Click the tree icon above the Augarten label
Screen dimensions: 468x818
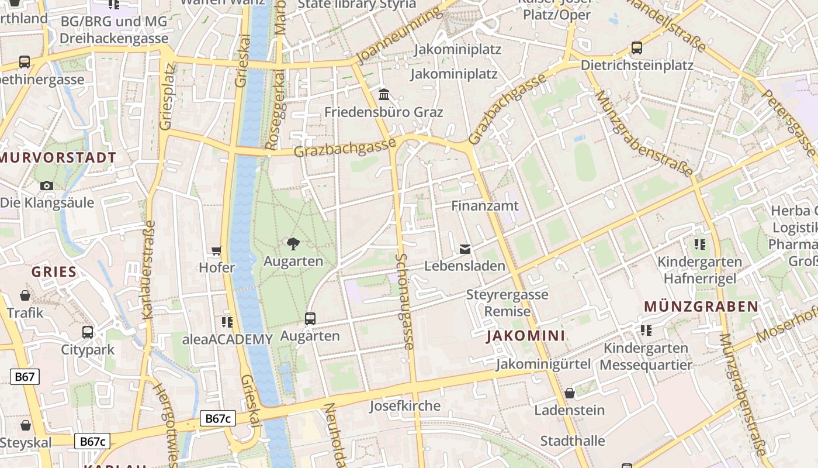(x=293, y=244)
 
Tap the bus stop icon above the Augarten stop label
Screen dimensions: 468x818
(x=310, y=319)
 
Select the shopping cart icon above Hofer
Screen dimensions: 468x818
(x=217, y=251)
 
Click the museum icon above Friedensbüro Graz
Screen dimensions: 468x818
(x=384, y=94)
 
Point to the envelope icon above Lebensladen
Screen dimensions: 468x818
(x=465, y=249)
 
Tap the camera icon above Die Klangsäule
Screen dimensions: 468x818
(x=47, y=186)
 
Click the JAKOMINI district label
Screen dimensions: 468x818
(x=526, y=336)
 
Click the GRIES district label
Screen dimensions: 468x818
(x=54, y=272)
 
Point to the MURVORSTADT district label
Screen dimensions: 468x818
(x=58, y=158)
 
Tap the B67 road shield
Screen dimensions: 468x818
(x=25, y=377)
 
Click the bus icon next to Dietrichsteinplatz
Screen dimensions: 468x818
(x=637, y=48)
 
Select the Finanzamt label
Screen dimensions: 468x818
(x=484, y=206)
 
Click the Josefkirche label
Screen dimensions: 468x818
(x=405, y=406)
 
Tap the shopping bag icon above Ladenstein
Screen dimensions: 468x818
(x=570, y=393)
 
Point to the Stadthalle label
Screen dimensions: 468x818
(x=572, y=441)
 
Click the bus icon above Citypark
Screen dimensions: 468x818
(x=88, y=332)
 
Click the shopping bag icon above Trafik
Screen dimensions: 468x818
(x=25, y=295)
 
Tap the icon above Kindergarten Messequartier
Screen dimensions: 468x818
(x=646, y=331)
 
